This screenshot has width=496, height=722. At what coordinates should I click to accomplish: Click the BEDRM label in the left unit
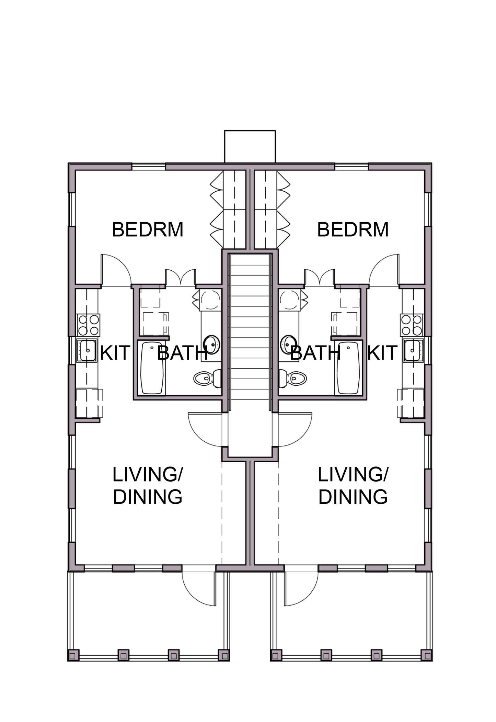point(148,229)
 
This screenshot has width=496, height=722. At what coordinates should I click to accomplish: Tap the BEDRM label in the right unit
point(353,229)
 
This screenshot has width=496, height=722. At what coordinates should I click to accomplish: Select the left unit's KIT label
point(115,353)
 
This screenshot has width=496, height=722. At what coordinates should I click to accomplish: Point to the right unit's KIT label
point(382,353)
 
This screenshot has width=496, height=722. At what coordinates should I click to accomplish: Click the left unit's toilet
point(207,378)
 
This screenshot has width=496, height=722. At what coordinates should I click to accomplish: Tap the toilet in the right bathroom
point(292,378)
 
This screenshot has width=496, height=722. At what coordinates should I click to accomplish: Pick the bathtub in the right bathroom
point(348,368)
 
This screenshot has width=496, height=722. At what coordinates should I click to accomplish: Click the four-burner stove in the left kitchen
point(89,325)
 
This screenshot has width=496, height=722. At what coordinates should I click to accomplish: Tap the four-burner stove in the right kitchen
point(412,325)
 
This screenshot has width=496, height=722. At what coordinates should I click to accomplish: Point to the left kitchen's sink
point(86,350)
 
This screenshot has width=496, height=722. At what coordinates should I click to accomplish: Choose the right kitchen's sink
point(414,350)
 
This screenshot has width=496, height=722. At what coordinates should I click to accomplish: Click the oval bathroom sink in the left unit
point(212,345)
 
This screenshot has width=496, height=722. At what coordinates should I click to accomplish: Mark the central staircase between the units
point(250,326)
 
